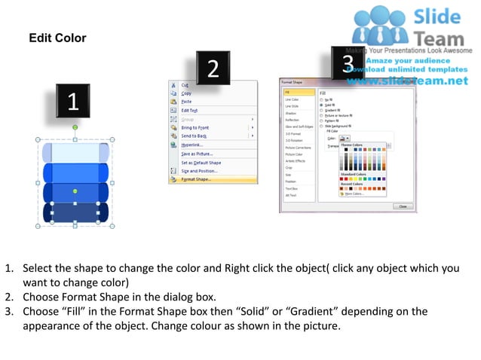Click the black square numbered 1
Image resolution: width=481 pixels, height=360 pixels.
[x=72, y=103]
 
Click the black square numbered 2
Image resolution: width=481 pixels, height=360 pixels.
[x=213, y=69]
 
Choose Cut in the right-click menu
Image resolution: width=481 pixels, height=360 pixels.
[x=184, y=85]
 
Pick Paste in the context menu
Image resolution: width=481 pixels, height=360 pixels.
[x=186, y=101]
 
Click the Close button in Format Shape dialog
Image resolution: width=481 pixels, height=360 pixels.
[x=402, y=206]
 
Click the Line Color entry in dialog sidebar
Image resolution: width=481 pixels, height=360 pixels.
[x=291, y=99]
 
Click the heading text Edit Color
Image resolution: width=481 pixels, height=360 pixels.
[x=57, y=38]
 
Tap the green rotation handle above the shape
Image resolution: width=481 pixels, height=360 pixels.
[x=75, y=127]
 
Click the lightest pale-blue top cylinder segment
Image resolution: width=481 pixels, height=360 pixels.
[x=75, y=152]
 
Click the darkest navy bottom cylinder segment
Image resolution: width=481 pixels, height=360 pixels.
[x=75, y=213]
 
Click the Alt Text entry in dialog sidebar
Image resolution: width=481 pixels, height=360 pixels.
[x=291, y=195]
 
